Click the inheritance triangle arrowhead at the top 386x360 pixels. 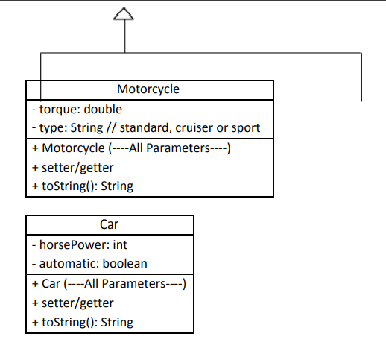(x=124, y=13)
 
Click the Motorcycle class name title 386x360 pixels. (x=148, y=89)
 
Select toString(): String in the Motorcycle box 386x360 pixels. (x=83, y=186)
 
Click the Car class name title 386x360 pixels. (x=110, y=224)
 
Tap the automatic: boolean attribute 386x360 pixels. (x=89, y=263)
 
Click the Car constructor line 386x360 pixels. (x=108, y=283)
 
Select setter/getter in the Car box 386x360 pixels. (x=73, y=303)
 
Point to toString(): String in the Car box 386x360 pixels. (x=83, y=322)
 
